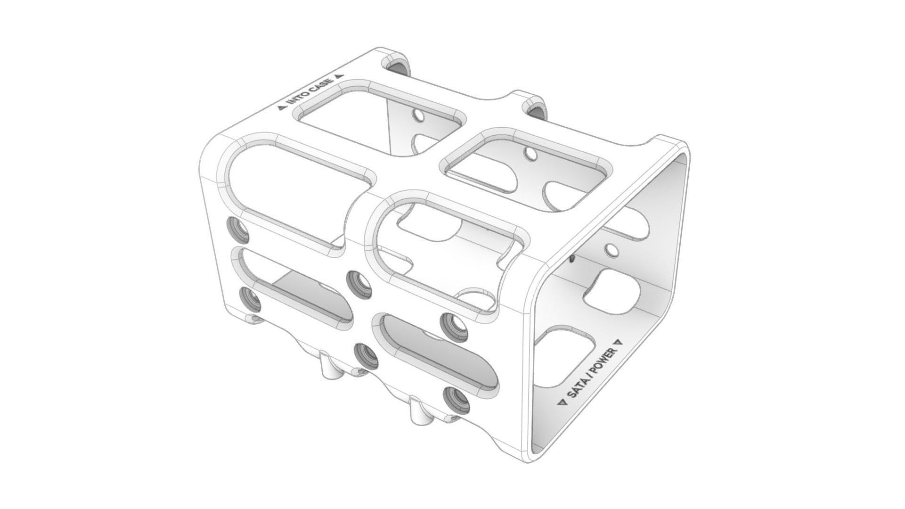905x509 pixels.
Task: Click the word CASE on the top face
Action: [x=321, y=85]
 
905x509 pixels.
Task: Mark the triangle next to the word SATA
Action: [x=561, y=402]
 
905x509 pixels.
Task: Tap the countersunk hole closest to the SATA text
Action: [x=456, y=400]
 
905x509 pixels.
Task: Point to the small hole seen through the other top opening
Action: [x=530, y=154]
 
